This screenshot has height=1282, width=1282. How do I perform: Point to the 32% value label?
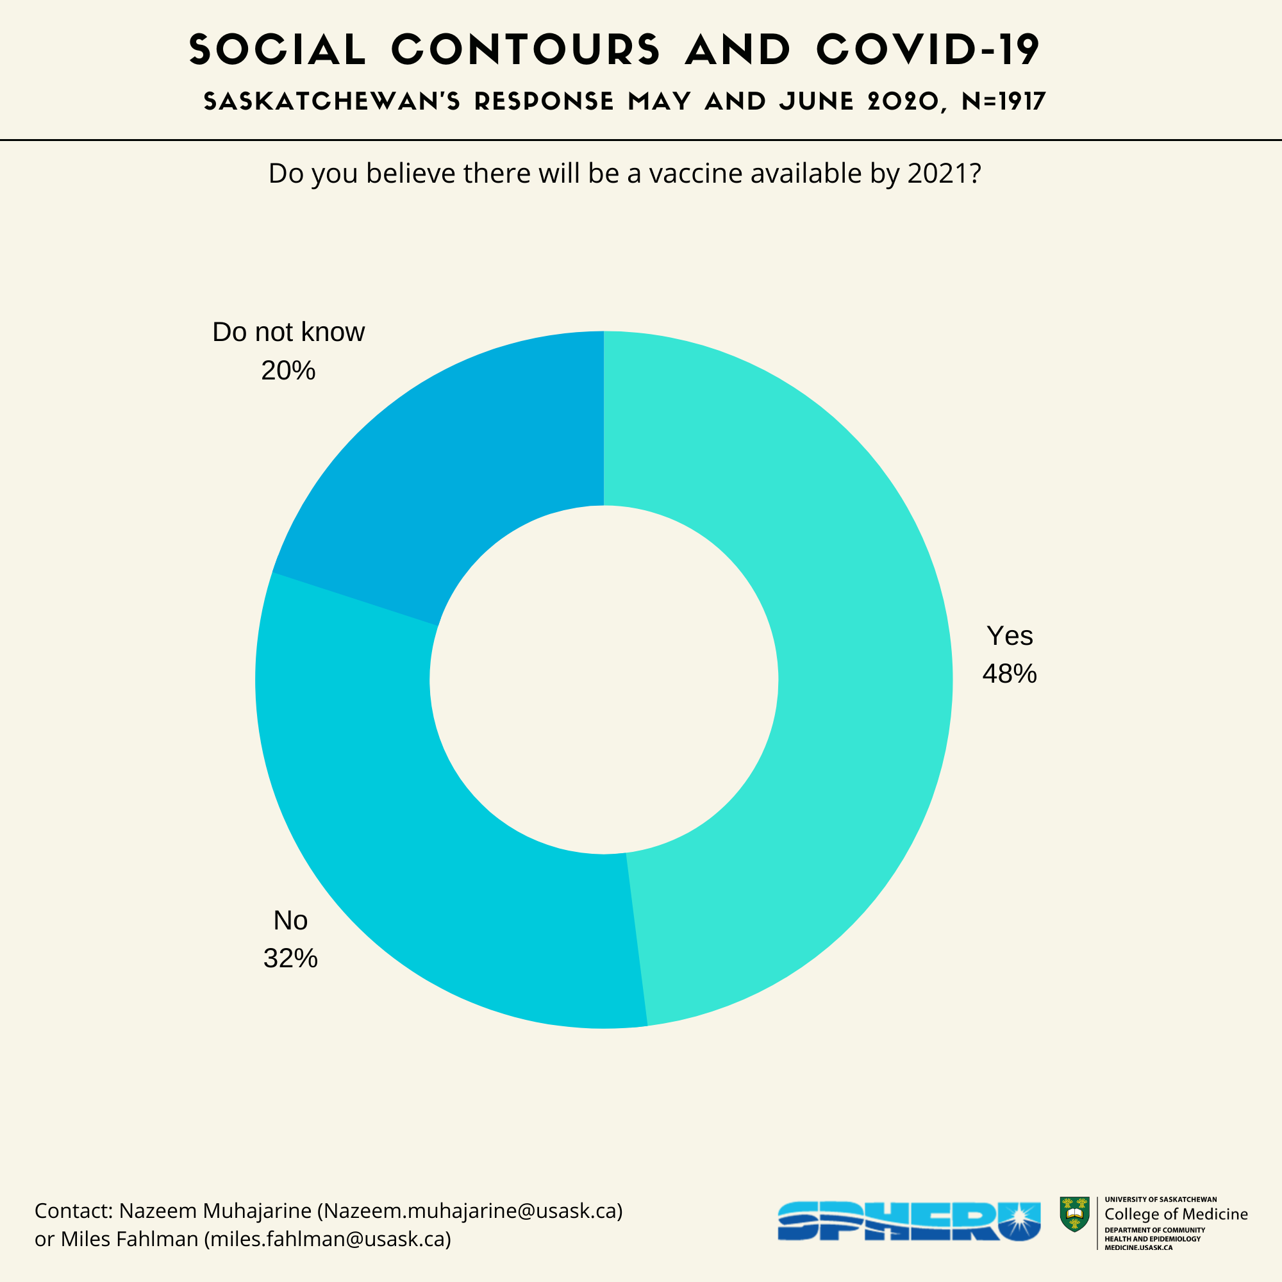tap(290, 959)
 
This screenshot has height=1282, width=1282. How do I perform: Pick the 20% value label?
tap(288, 371)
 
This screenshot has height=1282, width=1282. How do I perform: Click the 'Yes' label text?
tap(1010, 636)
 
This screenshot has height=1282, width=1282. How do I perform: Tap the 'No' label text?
tap(290, 920)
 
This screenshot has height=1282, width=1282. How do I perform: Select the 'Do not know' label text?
tap(288, 333)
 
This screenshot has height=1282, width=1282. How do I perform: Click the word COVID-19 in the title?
tap(928, 50)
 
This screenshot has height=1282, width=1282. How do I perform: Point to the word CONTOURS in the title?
tap(526, 50)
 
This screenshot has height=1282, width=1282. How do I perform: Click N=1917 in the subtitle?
tap(1003, 101)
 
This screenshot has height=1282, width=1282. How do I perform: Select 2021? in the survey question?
tap(944, 174)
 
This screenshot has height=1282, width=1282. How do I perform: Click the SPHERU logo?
tap(908, 1221)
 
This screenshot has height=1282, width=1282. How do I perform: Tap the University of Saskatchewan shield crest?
tap(1074, 1214)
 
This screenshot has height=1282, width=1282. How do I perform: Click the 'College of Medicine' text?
tap(1176, 1214)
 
